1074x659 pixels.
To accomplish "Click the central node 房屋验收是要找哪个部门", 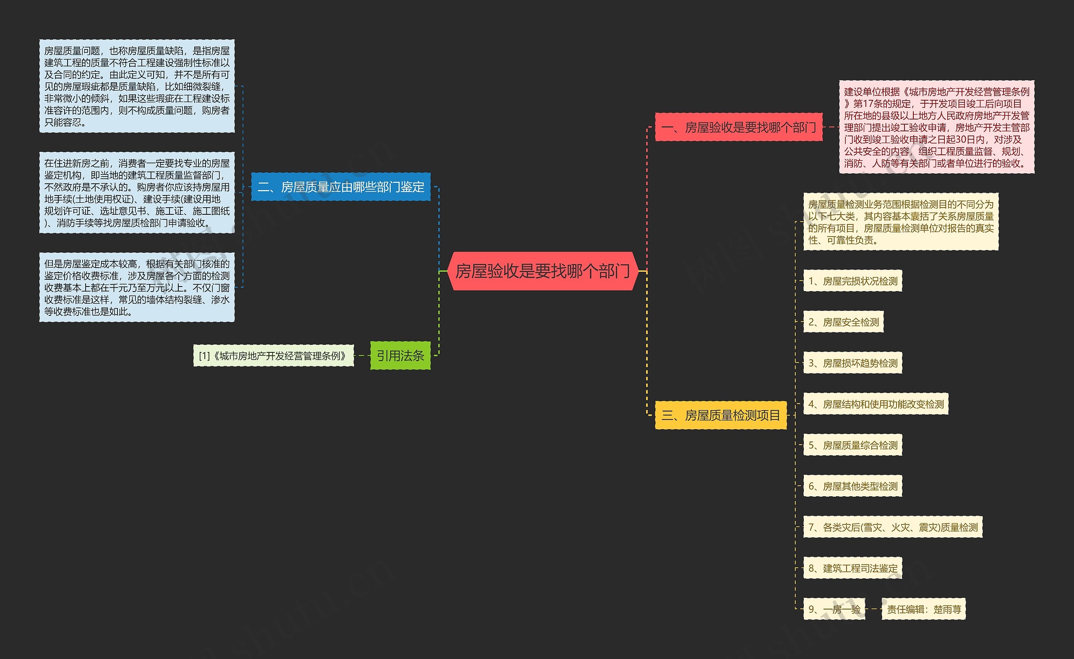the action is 543,271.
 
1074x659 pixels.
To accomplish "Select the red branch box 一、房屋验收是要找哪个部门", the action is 738,127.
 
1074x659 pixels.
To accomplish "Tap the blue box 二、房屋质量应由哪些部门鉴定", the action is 341,187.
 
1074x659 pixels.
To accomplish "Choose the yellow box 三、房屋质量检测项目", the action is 720,415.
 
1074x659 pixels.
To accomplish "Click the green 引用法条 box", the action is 400,356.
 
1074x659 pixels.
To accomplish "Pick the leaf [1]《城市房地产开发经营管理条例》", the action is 273,356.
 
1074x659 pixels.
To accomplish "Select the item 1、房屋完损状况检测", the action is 852,281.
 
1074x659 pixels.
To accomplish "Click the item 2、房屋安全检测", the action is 843,322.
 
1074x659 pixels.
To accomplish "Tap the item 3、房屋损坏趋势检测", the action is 852,363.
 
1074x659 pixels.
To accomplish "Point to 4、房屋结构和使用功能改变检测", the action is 876,404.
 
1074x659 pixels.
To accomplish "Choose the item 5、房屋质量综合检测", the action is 852,445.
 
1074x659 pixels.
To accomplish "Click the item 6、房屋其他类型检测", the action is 852,486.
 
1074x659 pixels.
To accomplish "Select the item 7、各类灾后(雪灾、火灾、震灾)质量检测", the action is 893,527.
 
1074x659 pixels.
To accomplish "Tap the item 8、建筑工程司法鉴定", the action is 852,568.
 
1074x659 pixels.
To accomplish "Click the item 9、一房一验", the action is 834,610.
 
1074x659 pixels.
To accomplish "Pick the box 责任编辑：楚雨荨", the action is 924,610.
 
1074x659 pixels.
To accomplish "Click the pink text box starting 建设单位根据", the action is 936,127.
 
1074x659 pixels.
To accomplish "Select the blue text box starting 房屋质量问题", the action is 137,86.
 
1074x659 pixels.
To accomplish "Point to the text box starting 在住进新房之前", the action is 137,193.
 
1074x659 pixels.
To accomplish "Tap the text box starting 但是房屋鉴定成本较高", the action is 137,288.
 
